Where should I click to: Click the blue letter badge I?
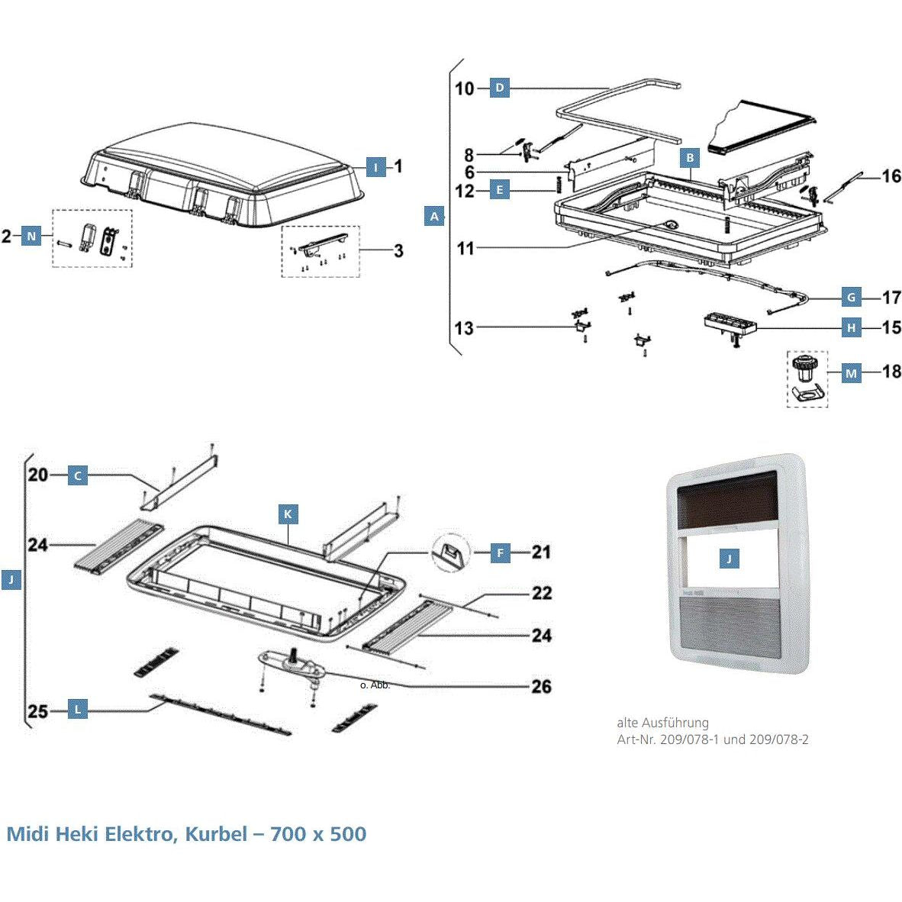[375, 167]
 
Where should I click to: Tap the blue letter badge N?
[31, 237]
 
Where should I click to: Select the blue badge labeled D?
[499, 88]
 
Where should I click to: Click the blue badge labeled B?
[689, 158]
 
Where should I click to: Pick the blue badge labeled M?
[851, 373]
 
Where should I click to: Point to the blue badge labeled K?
[288, 514]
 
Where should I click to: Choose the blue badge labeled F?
[500, 552]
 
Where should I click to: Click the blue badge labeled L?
[78, 710]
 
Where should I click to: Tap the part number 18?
[891, 372]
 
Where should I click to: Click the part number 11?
[465, 248]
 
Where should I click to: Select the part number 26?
[541, 687]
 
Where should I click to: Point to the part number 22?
[541, 593]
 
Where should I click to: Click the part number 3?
[398, 250]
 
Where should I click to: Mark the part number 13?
[464, 328]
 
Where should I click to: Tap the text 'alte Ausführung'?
[662, 723]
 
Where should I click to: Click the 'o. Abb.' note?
[375, 685]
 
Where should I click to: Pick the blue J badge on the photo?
[729, 559]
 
